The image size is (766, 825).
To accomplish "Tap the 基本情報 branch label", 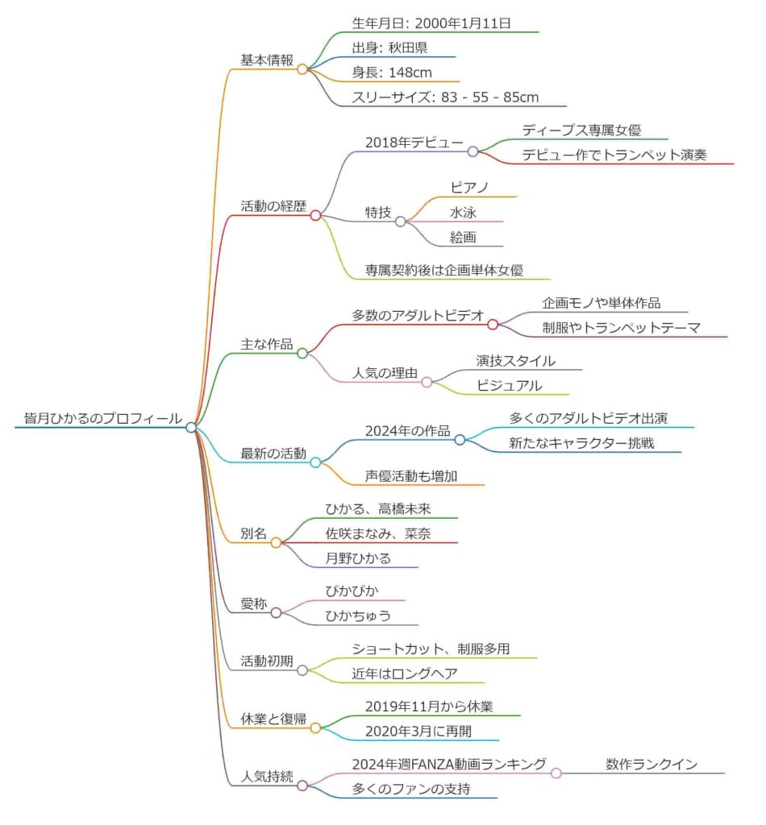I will tap(267, 60).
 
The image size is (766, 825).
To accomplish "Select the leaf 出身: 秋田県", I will tap(389, 48).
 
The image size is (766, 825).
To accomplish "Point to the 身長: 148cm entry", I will tap(392, 73).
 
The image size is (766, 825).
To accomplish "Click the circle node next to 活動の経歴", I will tap(316, 215).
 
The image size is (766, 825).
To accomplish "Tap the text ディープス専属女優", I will tap(581, 130).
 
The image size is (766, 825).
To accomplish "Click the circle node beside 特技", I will tap(400, 222).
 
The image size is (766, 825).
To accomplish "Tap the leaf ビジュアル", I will tap(509, 385).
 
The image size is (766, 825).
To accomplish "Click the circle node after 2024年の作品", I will tap(460, 439).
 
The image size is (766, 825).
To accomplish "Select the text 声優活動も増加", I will tap(411, 476).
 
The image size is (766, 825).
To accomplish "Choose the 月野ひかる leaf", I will tap(358, 558).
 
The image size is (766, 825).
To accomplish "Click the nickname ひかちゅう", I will tap(358, 616).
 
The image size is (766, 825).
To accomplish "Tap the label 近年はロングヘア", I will tap(406, 674).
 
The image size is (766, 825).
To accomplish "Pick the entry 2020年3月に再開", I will tap(418, 731).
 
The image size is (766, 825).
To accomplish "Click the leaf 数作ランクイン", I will tap(652, 764).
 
